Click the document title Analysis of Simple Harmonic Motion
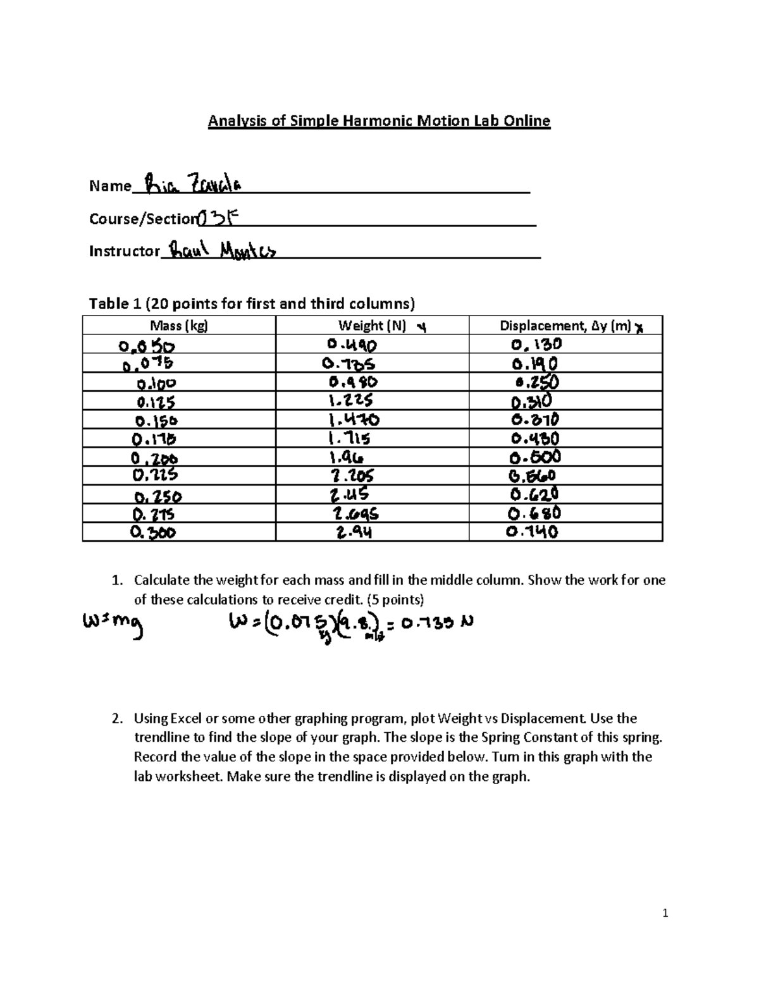click(379, 121)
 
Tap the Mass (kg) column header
click(178, 326)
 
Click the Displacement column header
click(565, 326)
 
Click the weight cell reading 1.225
click(350, 401)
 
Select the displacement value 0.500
click(536, 457)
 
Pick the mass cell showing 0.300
click(153, 532)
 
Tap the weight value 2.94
click(354, 532)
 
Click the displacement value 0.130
click(536, 345)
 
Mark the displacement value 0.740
click(532, 532)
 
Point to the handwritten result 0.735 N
click(436, 623)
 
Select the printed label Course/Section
click(142, 219)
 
